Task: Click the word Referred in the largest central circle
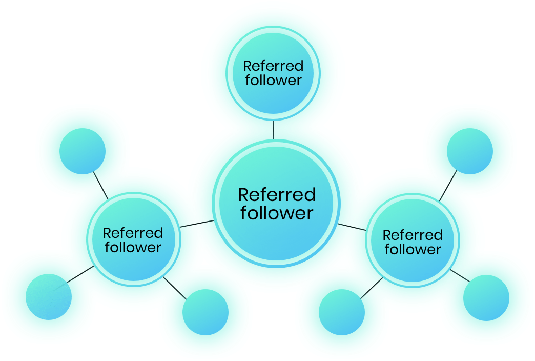[277, 195]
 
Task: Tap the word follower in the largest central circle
[277, 213]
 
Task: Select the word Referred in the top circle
[273, 66]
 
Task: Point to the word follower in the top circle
[273, 80]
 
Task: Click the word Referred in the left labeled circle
[133, 233]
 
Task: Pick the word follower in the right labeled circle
[413, 250]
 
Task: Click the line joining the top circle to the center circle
[273, 130]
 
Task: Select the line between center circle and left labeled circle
[197, 224]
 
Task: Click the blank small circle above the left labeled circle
[83, 152]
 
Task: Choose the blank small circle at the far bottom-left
[48, 297]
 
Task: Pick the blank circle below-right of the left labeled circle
[205, 312]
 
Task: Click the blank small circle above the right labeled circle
[470, 152]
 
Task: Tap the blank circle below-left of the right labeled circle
[342, 312]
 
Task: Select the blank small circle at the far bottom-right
[486, 298]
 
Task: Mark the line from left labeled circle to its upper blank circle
[100, 185]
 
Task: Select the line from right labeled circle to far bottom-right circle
[460, 275]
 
